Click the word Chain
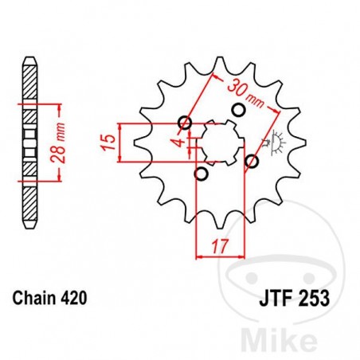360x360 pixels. click(33, 299)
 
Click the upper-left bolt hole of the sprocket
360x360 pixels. click(186, 122)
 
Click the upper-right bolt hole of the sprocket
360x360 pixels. click(237, 109)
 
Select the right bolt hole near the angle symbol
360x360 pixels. click(252, 161)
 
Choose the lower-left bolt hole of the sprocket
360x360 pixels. click(202, 174)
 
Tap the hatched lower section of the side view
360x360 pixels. click(29, 199)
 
